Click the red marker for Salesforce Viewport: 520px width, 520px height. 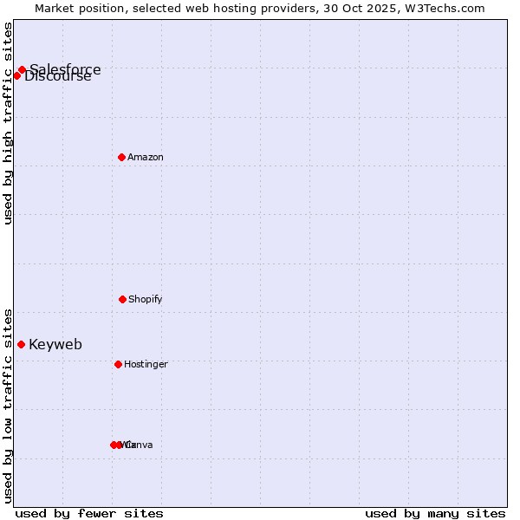pos(22,70)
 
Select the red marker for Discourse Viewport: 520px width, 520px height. pos(16,75)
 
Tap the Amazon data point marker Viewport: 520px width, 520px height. pos(122,157)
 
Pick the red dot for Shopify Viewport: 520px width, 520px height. pos(122,299)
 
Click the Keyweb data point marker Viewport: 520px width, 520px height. pos(21,344)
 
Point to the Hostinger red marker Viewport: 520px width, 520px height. pos(118,364)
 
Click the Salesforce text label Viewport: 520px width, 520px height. pos(65,69)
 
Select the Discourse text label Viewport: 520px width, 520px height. pos(58,76)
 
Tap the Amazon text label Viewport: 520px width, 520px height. pos(146,157)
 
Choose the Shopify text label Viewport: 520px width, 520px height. pos(146,299)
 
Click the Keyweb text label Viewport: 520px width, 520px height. pos(55,344)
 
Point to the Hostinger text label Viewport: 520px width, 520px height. pos(146,364)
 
